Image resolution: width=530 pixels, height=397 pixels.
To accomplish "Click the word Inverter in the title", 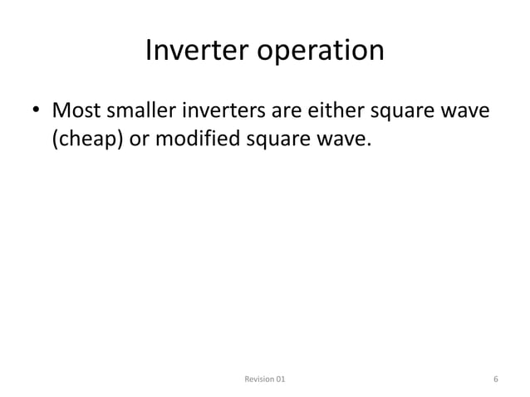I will [197, 51].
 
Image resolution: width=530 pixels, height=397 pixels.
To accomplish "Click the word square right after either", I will [404, 112].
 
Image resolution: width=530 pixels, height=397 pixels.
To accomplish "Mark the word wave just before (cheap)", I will [469, 110].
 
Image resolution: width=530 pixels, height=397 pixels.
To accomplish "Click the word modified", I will [196, 140].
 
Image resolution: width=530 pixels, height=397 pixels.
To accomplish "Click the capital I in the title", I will [149, 51].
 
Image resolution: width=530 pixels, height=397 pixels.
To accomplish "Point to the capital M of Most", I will [61, 110].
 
